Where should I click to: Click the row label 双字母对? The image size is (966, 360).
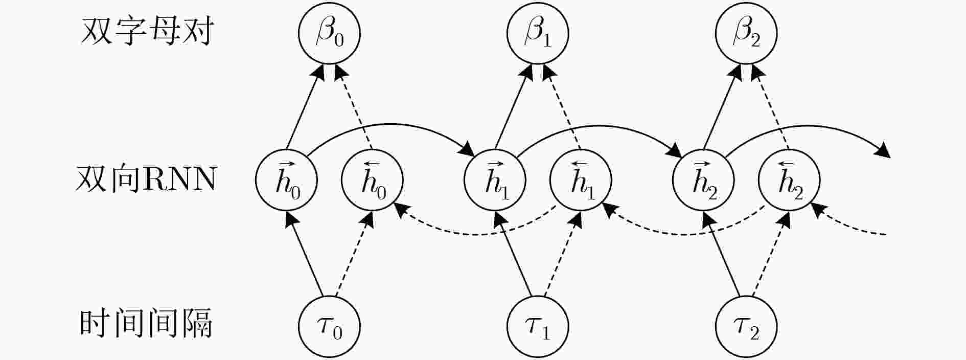pyautogui.click(x=147, y=32)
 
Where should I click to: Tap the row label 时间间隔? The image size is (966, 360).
pyautogui.click(x=147, y=324)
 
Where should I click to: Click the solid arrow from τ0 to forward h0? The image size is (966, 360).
pyautogui.click(x=306, y=254)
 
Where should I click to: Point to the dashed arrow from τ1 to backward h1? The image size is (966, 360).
pyautogui.click(x=561, y=254)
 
